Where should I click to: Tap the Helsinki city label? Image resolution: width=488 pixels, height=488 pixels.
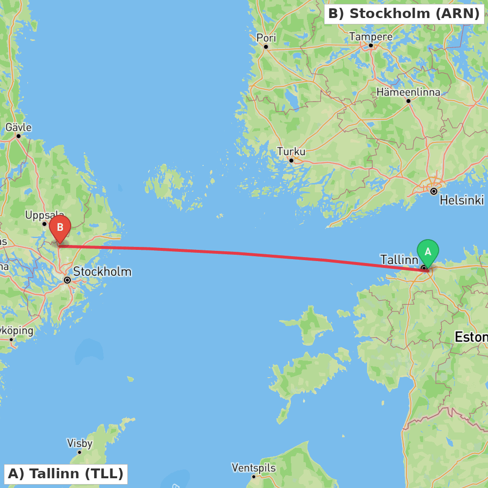click(461, 200)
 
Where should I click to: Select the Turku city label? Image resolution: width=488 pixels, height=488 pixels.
click(291, 152)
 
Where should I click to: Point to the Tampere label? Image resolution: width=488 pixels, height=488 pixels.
click(371, 37)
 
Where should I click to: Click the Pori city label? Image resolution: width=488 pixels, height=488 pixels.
click(266, 38)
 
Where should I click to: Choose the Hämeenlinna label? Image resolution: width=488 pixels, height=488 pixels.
click(408, 92)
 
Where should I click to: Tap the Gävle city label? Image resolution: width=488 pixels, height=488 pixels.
click(19, 128)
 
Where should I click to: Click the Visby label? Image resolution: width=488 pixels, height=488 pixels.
click(80, 443)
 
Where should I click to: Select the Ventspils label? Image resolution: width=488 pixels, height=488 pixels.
click(253, 468)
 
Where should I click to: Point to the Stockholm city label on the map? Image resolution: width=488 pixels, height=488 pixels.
click(102, 271)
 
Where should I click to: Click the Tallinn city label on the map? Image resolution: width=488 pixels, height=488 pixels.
click(399, 260)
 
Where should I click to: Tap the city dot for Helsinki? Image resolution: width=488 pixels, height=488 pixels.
click(433, 191)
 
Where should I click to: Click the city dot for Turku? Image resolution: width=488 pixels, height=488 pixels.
click(291, 161)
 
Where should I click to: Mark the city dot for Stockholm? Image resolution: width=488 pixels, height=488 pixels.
click(67, 280)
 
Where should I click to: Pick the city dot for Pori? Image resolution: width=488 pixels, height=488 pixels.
click(266, 47)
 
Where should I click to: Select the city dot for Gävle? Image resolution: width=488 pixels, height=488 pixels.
click(19, 136)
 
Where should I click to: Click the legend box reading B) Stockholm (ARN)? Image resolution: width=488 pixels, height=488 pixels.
click(404, 14)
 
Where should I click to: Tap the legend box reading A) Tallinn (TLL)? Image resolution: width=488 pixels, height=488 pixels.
click(66, 474)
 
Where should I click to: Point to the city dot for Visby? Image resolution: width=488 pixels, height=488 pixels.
click(80, 452)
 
